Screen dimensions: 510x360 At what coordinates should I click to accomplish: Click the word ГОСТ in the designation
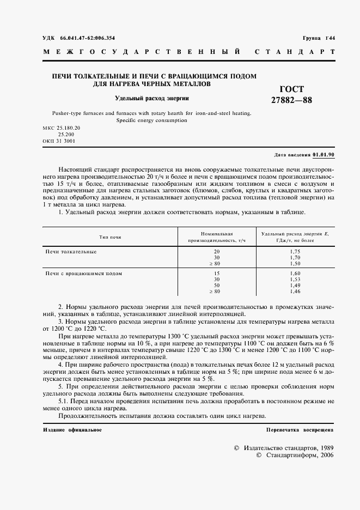pos(291,89)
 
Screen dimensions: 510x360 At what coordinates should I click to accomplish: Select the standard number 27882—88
pos(291,100)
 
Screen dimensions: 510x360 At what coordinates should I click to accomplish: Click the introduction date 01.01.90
pos(324,155)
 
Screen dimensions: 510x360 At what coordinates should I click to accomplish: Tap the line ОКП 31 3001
pos(59,141)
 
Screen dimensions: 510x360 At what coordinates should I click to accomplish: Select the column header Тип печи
pos(110,238)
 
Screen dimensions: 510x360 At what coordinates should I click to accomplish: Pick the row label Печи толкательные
pos(71,251)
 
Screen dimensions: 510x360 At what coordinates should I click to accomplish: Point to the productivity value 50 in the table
pos(217,286)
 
